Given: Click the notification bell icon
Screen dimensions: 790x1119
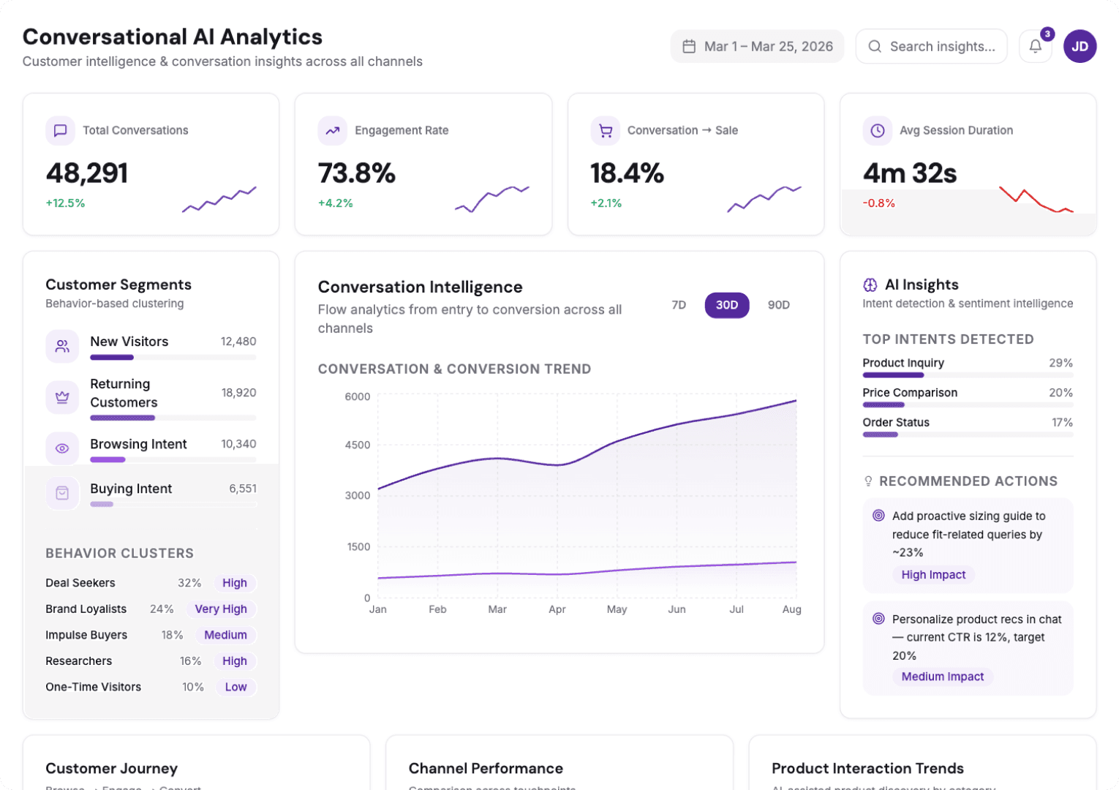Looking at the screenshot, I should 1035,47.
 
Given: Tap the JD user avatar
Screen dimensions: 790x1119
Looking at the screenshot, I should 1080,47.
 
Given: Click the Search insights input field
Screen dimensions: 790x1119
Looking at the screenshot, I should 941,47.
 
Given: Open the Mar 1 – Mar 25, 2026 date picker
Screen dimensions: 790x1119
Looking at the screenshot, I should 757,47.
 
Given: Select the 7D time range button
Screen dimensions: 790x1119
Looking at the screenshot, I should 679,305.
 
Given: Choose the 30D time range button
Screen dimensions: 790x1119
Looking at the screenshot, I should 726,305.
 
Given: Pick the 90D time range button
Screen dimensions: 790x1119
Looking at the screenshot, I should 778,305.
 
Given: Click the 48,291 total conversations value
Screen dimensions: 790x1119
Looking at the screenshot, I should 87,173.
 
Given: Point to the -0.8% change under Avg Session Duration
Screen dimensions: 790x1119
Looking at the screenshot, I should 878,203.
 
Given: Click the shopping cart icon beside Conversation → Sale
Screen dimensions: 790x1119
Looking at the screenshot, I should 605,131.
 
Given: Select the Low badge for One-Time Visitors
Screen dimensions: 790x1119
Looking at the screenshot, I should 236,687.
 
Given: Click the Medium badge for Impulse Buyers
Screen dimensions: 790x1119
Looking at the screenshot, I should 225,635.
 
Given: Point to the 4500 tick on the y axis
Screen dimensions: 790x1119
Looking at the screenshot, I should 358,445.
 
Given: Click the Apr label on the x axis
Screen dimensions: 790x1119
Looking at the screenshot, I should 557,609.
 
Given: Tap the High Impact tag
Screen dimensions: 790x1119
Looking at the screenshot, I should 933,575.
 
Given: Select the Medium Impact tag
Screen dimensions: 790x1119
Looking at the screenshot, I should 942,677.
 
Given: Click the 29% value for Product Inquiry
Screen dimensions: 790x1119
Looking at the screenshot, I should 1060,363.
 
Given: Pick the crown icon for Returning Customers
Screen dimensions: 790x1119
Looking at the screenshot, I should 62,397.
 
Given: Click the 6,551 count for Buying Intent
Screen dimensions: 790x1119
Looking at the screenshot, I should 243,489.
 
